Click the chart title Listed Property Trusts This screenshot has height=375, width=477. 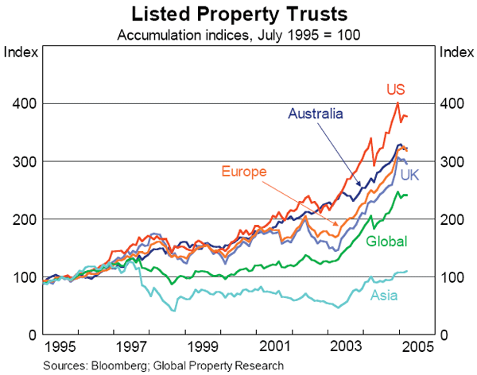[238, 14]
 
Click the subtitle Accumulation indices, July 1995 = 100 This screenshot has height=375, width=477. [238, 35]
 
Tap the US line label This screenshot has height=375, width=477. [397, 88]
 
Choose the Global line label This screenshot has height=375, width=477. [386, 241]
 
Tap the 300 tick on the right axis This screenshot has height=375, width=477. [451, 161]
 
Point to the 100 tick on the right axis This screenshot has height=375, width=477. [451, 276]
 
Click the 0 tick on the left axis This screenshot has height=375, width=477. [29, 334]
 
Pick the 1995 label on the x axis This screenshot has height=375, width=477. [60, 347]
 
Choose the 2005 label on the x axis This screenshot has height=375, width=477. [417, 347]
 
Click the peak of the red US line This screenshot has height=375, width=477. [397, 102]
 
